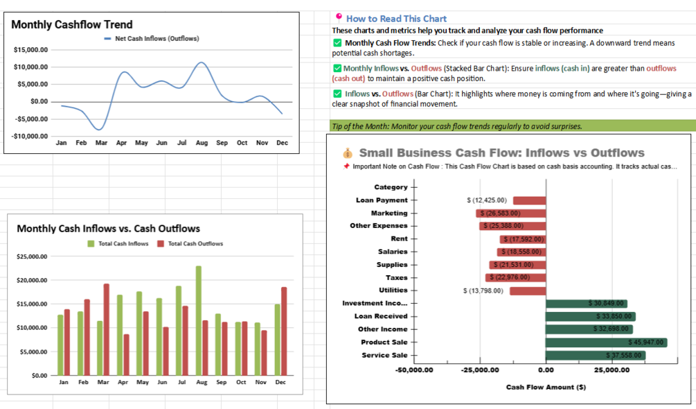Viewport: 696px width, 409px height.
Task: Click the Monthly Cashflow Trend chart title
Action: pos(72,25)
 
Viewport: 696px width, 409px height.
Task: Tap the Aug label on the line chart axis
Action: pos(202,143)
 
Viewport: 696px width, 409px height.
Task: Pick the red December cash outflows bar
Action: pos(284,331)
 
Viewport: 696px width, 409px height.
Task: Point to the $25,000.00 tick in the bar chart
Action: pos(30,257)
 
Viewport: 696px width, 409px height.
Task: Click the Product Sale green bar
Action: pos(606,342)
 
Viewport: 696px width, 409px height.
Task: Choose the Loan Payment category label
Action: pos(382,200)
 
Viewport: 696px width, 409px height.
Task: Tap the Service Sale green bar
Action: pos(596,356)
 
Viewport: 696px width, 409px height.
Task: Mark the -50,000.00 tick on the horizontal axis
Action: pos(413,370)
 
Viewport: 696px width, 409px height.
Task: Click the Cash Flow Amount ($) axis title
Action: pos(546,387)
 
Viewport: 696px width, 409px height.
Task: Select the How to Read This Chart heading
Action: pos(396,19)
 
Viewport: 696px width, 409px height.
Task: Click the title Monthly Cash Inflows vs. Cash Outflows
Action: pos(108,229)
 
